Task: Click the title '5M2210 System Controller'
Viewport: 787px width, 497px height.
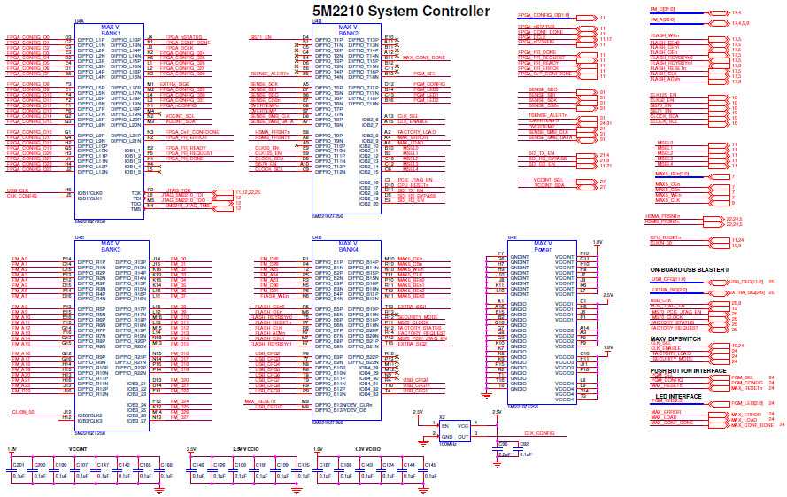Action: point(399,11)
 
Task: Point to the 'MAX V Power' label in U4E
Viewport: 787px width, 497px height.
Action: point(542,247)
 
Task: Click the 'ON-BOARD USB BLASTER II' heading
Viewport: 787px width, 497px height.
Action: point(690,269)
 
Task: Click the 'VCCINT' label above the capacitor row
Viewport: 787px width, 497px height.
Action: point(77,450)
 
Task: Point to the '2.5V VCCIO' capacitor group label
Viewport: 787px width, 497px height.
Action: point(245,450)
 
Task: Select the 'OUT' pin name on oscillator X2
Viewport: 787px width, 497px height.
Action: point(463,437)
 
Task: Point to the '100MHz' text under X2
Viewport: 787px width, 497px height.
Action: point(448,443)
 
